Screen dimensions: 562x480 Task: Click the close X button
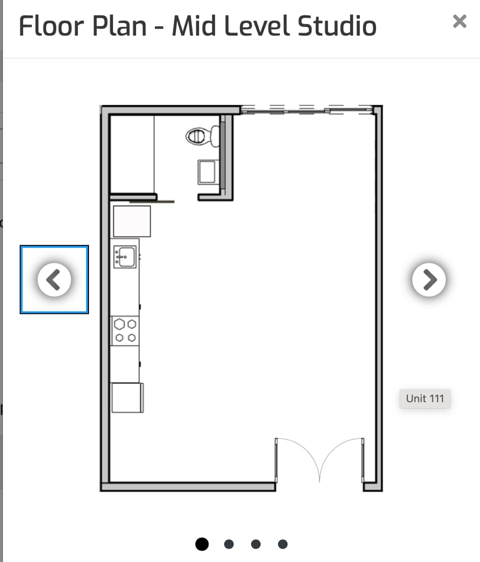(459, 21)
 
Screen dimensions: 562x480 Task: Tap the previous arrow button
(54, 279)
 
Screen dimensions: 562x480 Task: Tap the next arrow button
(429, 279)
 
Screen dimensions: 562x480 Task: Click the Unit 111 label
(424, 398)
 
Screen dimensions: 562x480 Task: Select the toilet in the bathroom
(202, 135)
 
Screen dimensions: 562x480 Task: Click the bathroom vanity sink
(207, 171)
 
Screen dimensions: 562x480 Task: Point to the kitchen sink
(124, 257)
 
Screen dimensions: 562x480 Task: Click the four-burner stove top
(125, 331)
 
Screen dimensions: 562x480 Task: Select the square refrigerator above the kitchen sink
(132, 220)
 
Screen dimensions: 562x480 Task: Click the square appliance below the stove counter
(127, 397)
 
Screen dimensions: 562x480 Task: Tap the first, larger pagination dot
(202, 544)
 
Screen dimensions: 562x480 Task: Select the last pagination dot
(282, 544)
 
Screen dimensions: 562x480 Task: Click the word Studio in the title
(336, 26)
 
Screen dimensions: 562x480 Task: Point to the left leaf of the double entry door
(297, 457)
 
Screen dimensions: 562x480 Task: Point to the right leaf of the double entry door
(342, 457)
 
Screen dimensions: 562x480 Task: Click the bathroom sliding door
(152, 201)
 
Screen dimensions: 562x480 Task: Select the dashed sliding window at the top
(306, 110)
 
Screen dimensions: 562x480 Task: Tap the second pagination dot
(229, 544)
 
